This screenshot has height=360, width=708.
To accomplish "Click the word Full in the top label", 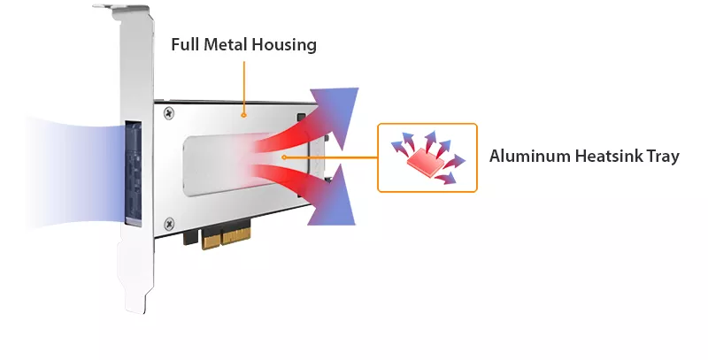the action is pos(185,44).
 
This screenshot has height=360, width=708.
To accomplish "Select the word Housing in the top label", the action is pos(284,45).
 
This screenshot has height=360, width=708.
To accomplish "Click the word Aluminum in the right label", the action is pos(530,156).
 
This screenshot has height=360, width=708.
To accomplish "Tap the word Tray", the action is pos(663,157).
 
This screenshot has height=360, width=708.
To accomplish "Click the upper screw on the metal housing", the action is pos(169,113).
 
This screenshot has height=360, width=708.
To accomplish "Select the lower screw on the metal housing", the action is pos(169,223).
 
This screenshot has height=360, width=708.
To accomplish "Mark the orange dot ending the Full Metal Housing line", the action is pos(244,115).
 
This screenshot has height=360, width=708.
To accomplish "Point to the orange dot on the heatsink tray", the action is pos(283,157).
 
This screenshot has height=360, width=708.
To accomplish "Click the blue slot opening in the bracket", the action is pos(134,172).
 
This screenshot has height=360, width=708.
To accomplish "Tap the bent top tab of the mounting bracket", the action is pos(121,8).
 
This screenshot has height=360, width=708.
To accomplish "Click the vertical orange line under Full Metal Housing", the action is pos(244,87).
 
